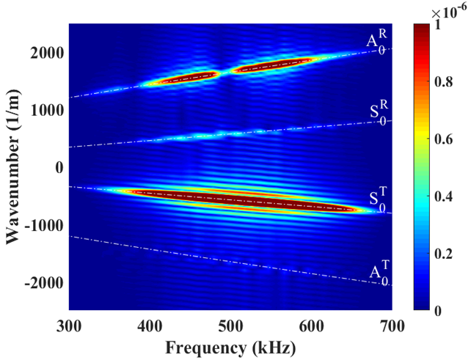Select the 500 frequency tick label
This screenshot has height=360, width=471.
(230, 324)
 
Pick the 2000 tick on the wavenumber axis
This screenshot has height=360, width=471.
(48, 52)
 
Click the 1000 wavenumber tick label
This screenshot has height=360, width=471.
(48, 110)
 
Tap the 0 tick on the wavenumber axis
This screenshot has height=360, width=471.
(59, 167)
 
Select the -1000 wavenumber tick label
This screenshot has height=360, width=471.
(45, 225)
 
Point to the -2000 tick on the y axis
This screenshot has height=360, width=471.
(45, 283)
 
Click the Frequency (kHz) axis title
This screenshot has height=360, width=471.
(230, 346)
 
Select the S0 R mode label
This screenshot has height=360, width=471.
(379, 114)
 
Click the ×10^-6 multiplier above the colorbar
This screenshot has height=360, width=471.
(442, 12)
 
